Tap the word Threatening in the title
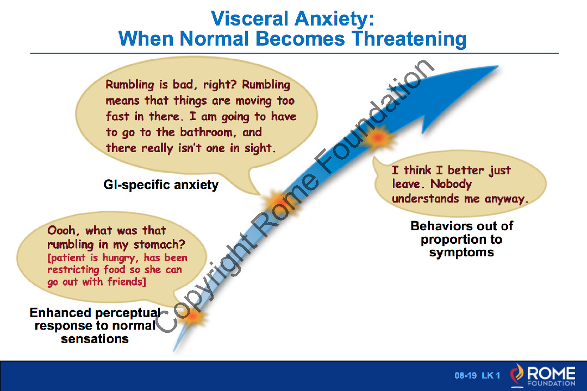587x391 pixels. click(409, 39)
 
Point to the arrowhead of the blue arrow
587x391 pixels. click(497, 67)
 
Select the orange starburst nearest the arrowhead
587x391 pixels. click(378, 138)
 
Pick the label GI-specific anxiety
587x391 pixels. click(161, 185)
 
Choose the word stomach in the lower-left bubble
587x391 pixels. click(159, 245)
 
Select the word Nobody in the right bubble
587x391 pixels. click(451, 184)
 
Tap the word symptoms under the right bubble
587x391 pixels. click(461, 253)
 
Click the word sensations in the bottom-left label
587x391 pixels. click(95, 339)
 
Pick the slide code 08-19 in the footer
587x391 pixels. click(466, 375)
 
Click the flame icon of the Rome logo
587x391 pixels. click(517, 375)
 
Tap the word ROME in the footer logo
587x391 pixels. click(552, 373)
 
